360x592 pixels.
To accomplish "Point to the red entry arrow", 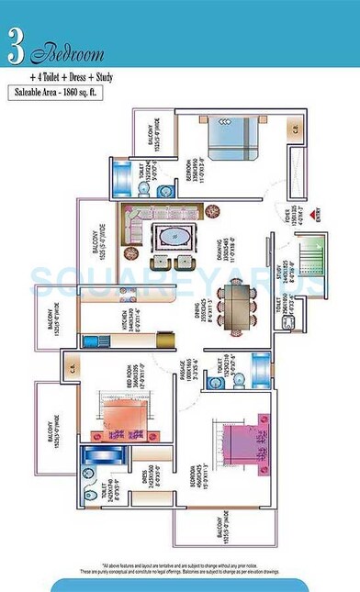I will click(x=317, y=207).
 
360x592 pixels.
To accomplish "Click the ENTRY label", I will click(x=318, y=219).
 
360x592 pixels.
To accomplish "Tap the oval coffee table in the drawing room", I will click(x=173, y=237).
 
